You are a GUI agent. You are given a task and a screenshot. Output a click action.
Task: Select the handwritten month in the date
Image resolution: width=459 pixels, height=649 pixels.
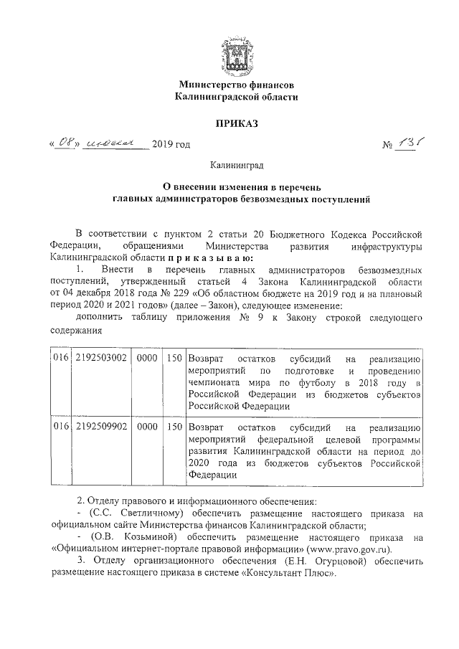pos(113,145)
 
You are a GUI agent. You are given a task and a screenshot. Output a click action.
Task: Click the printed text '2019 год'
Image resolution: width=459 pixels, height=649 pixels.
pos(171,146)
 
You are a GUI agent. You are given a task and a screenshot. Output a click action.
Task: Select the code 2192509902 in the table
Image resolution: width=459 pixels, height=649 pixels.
pos(100,427)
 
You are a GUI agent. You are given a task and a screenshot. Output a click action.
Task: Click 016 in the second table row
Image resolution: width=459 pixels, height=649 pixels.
pos(62,427)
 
